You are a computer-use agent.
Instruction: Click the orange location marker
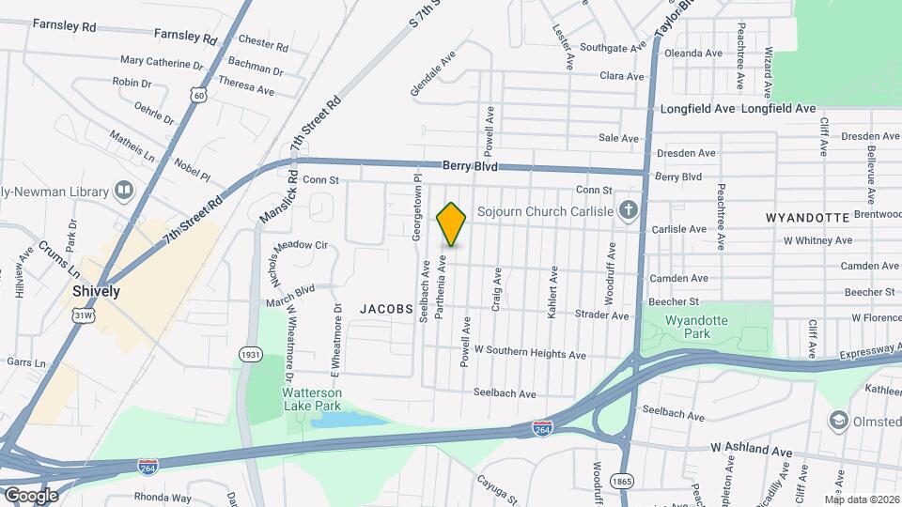pyautogui.click(x=452, y=224)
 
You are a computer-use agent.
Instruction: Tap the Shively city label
pyautogui.click(x=97, y=291)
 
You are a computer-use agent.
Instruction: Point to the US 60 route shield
pyautogui.click(x=195, y=95)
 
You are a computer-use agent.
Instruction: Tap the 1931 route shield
pyautogui.click(x=250, y=354)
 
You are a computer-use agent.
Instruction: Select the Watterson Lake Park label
pyautogui.click(x=313, y=399)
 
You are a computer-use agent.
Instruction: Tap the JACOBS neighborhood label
pyautogui.click(x=385, y=308)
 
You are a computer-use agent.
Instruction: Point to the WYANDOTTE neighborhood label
pyautogui.click(x=808, y=217)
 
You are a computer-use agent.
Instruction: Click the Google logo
pyautogui.click(x=30, y=495)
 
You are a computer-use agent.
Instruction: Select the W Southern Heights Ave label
pyautogui.click(x=530, y=354)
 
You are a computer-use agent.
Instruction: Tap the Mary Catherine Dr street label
pyautogui.click(x=162, y=65)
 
